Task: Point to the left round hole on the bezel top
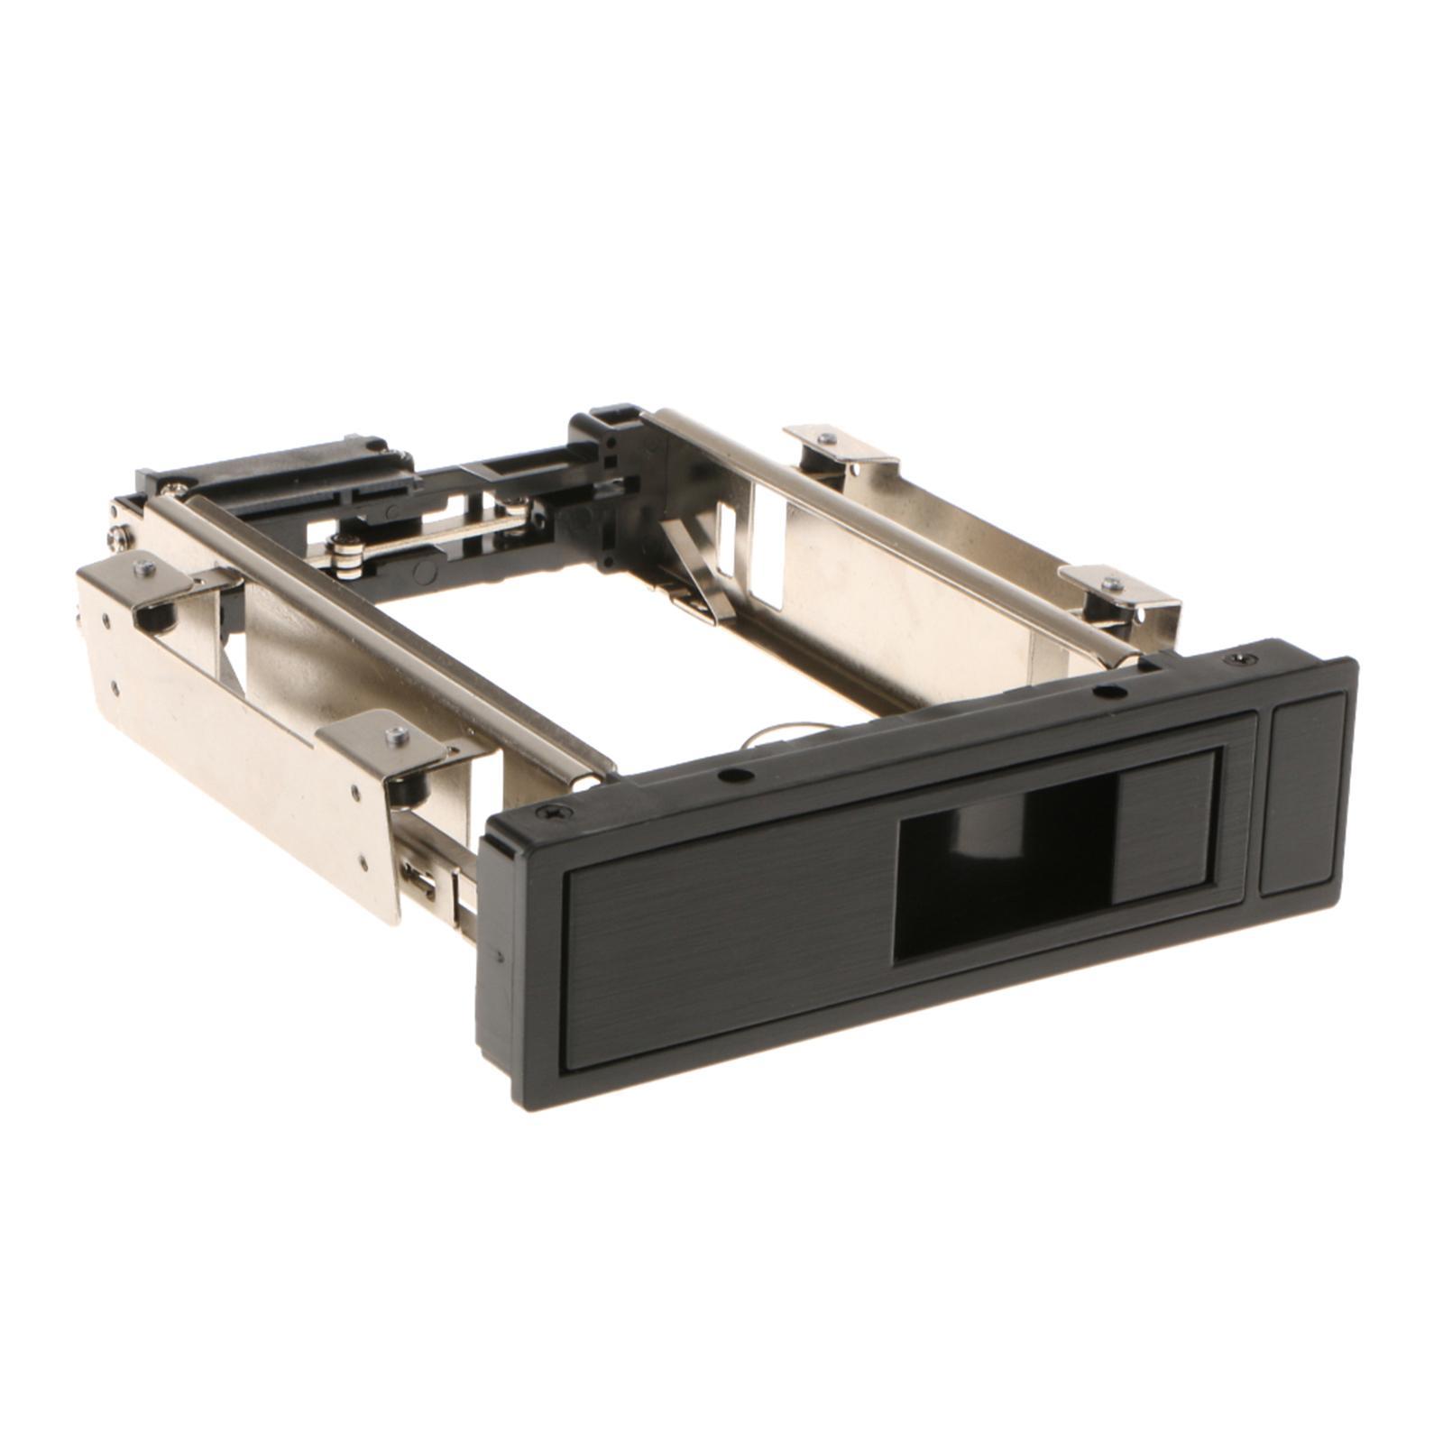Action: pos(737,774)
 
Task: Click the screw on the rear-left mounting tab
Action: pos(144,568)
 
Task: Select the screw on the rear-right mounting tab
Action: pos(826,439)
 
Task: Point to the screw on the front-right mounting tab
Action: pos(1112,584)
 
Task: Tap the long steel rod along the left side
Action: pos(379,631)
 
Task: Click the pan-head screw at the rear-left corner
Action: pos(117,538)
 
